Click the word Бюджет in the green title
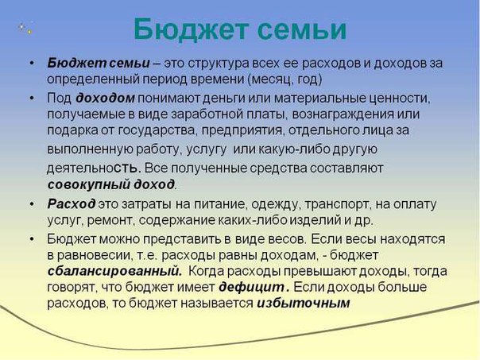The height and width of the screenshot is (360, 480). pyautogui.click(x=191, y=29)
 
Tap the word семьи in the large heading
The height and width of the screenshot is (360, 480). pyautogui.click(x=302, y=30)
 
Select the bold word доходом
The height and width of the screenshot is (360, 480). pyautogui.click(x=105, y=98)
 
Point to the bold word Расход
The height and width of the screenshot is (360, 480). pyautogui.click(x=72, y=204)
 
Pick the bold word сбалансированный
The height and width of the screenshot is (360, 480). pyautogui.click(x=114, y=271)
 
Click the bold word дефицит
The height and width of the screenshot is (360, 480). pyautogui.click(x=252, y=287)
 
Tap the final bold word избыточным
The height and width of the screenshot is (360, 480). pyautogui.click(x=303, y=304)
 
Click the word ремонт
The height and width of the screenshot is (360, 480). pyautogui.click(x=110, y=220)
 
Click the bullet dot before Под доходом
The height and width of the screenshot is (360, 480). pyautogui.click(x=32, y=98)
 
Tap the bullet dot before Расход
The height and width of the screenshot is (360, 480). pyautogui.click(x=32, y=204)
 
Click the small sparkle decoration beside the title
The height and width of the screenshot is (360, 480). pyautogui.click(x=25, y=28)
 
